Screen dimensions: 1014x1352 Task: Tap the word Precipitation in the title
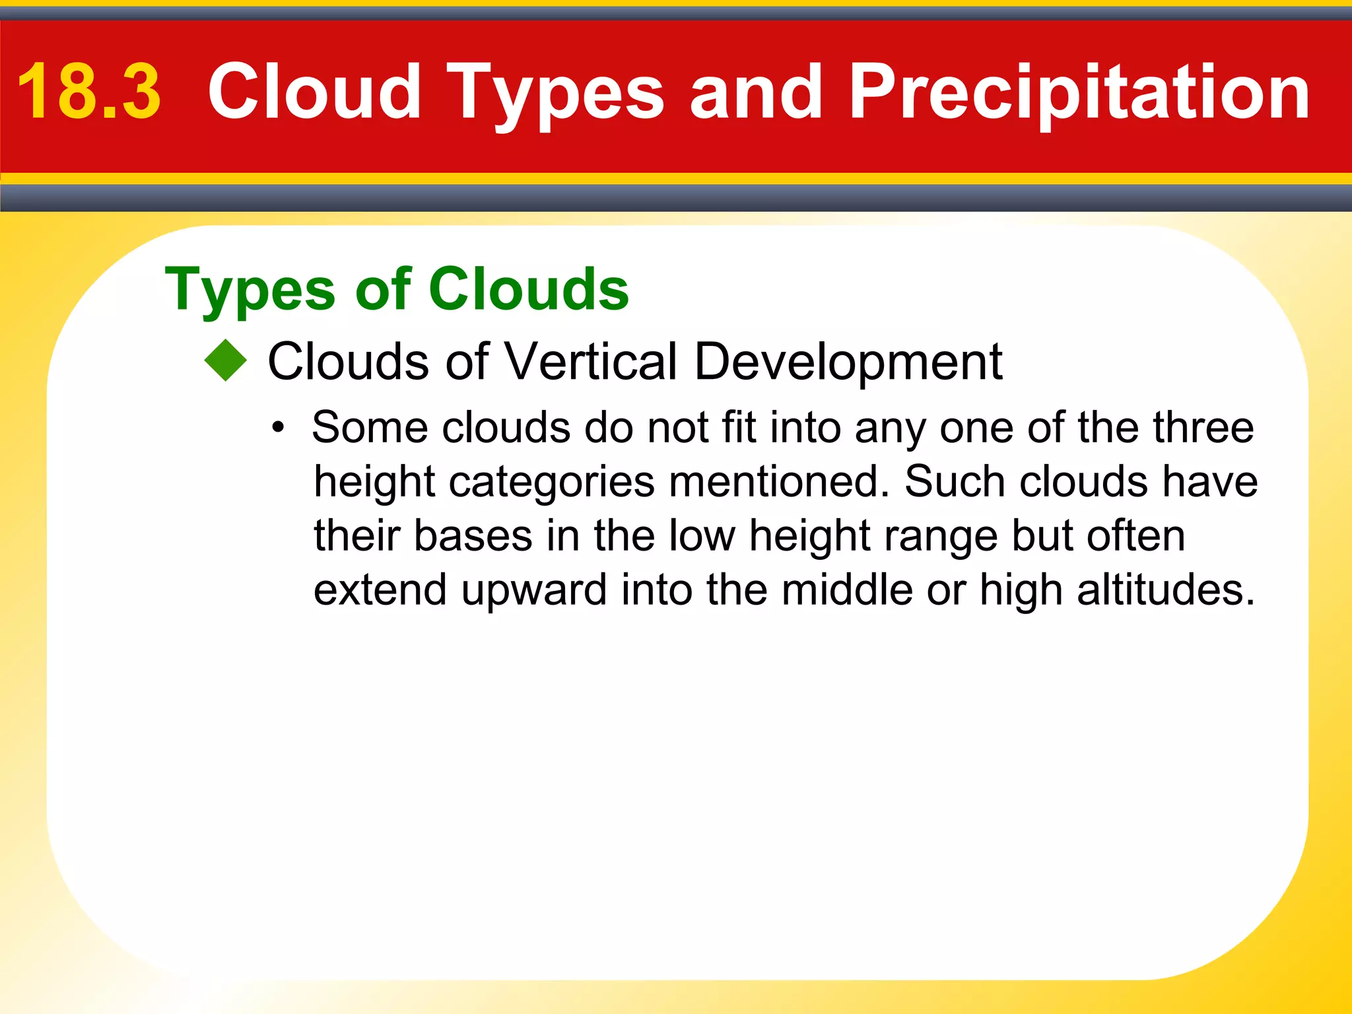coord(1079,92)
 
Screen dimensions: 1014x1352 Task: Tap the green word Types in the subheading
coord(251,290)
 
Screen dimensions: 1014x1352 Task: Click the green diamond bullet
coord(225,360)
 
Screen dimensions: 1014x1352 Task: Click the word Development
coord(848,362)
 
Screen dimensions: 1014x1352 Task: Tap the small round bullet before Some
coord(279,428)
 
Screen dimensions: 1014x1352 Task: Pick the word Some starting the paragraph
coord(370,427)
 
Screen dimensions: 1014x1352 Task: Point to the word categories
coord(552,482)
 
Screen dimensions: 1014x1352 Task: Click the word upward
coord(533,590)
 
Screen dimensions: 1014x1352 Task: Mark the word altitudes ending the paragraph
coord(1165,589)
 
